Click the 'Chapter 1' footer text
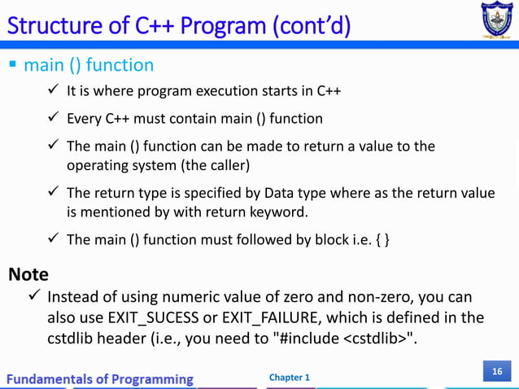[289, 378]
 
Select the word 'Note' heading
[28, 274]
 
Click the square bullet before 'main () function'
[12, 64]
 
